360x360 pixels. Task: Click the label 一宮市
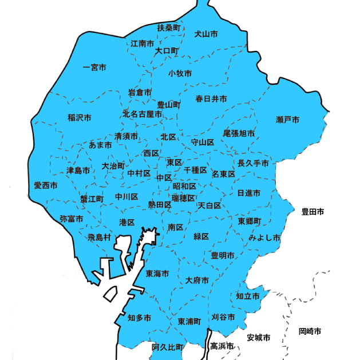pos(94,68)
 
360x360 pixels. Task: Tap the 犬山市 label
pos(206,34)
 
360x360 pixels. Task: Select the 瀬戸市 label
pos(287,120)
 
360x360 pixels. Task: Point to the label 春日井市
pos(211,99)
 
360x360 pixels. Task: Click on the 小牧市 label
pos(180,73)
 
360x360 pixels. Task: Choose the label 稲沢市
pos(80,118)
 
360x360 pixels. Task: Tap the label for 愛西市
pos(45,185)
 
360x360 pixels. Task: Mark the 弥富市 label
pos(72,219)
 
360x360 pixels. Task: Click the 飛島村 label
pos(99,237)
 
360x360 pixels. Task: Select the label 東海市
pos(157,274)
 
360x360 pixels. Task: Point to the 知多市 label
pos(139,318)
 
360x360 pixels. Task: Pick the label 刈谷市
pos(223,317)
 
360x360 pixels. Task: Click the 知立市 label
pos(248,296)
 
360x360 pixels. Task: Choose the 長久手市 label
pos(253,163)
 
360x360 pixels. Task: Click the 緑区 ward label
pos(201,236)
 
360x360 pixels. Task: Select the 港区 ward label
pos(127,222)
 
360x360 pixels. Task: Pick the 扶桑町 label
pos(169,27)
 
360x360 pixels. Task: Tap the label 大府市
pos(197,280)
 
